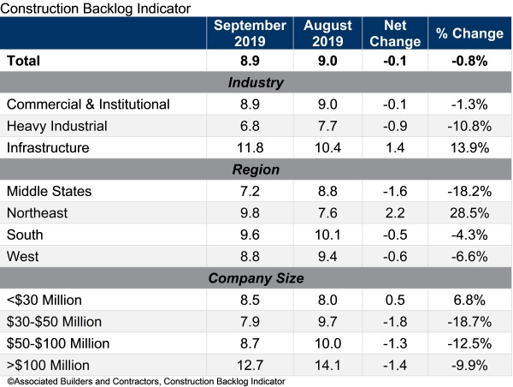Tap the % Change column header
click(469, 33)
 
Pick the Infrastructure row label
click(49, 146)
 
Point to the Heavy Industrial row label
click(56, 125)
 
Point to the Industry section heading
click(256, 83)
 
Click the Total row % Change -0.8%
click(469, 62)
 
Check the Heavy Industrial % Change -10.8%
click(469, 125)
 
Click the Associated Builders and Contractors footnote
click(145, 379)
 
